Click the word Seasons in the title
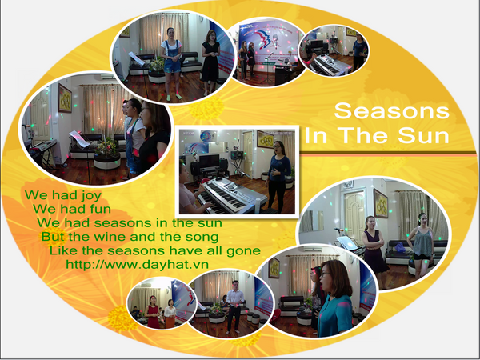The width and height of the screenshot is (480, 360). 391,110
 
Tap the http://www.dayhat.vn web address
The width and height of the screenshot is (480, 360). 137,264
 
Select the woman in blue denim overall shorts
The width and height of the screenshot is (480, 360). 172,64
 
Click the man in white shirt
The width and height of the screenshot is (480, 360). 234,306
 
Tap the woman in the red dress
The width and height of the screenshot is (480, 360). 153,312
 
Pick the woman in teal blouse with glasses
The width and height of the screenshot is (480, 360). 334,298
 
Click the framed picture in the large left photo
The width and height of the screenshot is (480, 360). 65,98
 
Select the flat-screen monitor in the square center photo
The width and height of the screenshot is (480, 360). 209,161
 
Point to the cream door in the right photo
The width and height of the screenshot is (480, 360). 354,214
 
